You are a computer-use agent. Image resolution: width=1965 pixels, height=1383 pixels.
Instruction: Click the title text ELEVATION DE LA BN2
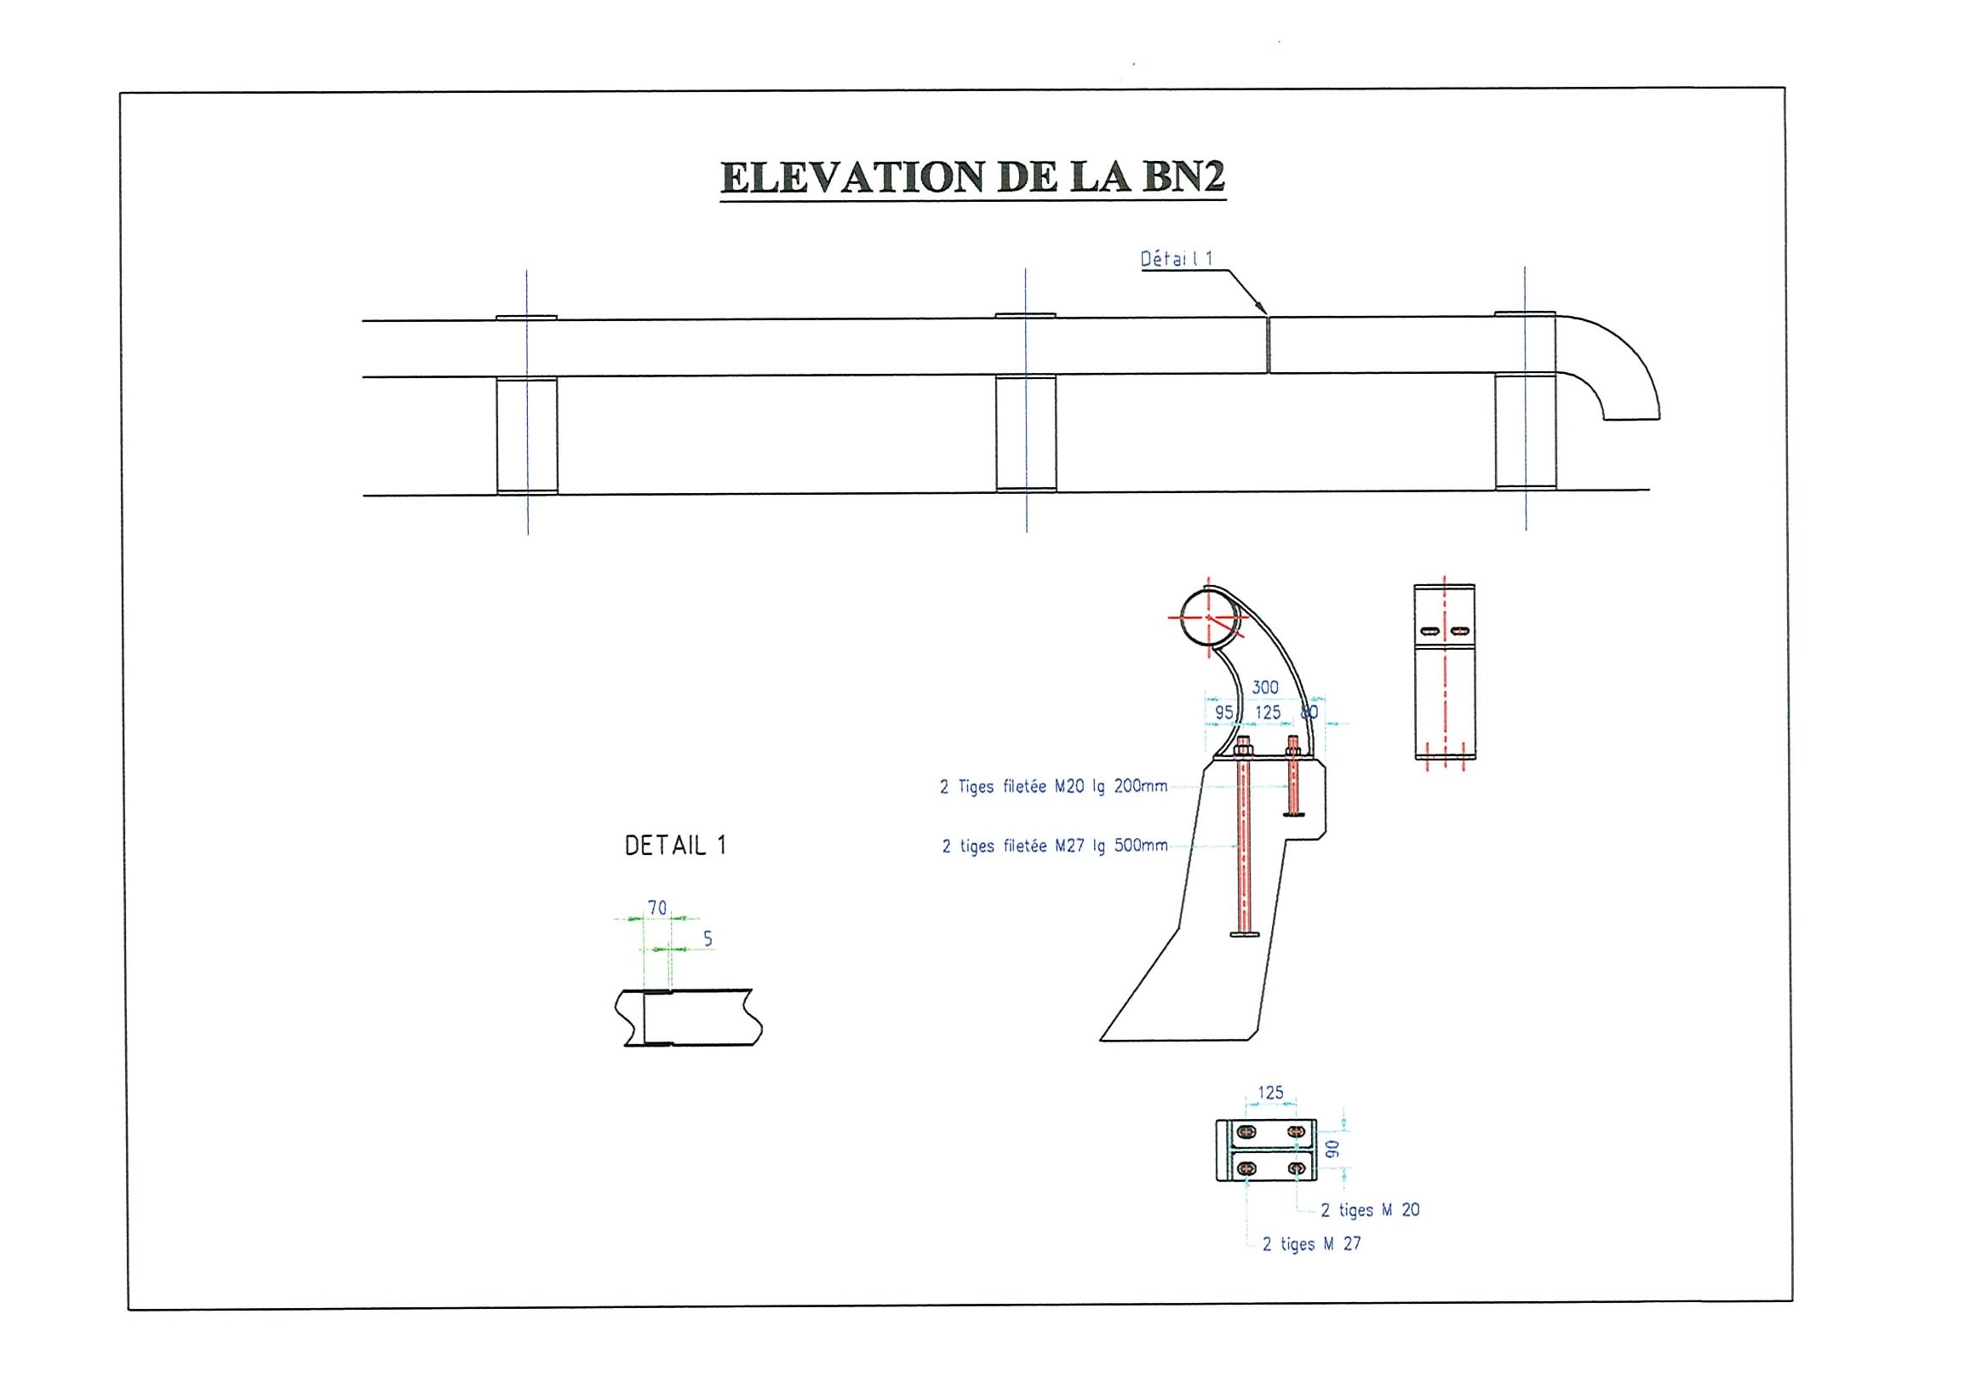(973, 177)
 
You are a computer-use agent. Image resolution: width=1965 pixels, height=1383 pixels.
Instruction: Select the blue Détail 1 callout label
(1177, 258)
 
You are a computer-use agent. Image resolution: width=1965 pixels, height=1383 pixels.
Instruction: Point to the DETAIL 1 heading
(675, 846)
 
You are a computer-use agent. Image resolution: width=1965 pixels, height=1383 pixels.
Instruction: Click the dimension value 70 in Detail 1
(657, 908)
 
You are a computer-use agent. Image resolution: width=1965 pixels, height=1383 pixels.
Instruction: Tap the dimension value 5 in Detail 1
(708, 938)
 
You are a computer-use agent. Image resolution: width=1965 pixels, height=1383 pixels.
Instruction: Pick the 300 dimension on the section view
(1265, 687)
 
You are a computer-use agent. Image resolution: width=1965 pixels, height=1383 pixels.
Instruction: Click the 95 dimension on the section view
(1223, 712)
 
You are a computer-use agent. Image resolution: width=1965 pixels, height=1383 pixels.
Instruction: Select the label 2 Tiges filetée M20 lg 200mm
(1053, 787)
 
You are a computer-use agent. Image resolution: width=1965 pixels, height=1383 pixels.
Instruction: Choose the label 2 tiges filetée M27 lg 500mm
(1055, 846)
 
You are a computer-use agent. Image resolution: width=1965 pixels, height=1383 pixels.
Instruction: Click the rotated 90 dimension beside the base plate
(1332, 1149)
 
